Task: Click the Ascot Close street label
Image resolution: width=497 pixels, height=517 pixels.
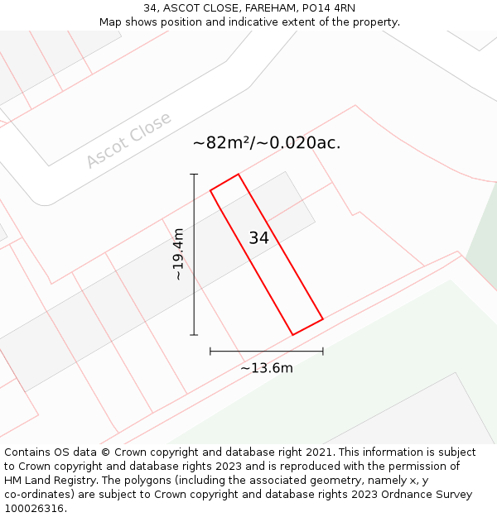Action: (x=128, y=140)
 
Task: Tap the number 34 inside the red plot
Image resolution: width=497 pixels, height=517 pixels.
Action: (x=258, y=238)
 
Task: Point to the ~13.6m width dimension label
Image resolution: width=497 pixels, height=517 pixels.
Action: (x=267, y=368)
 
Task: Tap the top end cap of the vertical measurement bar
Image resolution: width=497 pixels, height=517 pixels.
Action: (x=195, y=175)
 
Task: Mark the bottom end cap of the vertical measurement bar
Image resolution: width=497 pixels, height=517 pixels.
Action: (x=195, y=335)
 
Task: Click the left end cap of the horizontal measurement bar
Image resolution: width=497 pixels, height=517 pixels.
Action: (x=210, y=352)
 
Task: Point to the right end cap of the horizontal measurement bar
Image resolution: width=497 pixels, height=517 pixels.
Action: (x=323, y=352)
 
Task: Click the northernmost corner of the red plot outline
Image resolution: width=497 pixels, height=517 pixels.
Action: (x=239, y=175)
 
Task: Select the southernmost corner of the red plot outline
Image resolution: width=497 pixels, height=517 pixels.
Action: (x=293, y=335)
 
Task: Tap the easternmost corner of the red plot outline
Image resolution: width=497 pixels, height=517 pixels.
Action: (x=323, y=318)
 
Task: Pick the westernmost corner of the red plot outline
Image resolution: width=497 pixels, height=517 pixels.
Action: (x=210, y=190)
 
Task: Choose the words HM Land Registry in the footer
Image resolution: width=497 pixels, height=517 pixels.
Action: (x=48, y=481)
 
